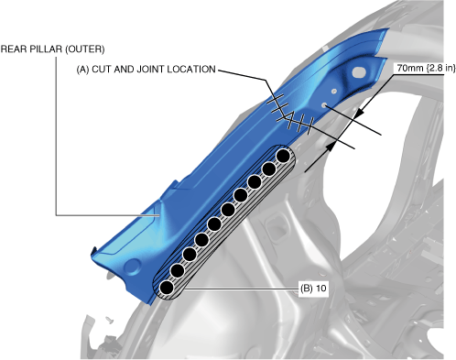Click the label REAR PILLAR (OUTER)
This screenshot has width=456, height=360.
point(52,49)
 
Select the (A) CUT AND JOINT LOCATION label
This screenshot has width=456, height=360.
point(146,70)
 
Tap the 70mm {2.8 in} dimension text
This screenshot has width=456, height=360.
point(426,68)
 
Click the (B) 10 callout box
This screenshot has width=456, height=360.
point(313,289)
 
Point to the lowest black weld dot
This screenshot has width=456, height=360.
point(167,288)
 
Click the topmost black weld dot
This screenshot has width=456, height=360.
point(283,156)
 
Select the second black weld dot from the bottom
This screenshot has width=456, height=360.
point(178,270)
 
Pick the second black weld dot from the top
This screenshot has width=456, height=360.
point(269,169)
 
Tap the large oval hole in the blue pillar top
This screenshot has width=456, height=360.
point(359,72)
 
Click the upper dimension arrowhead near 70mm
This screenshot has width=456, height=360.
point(360,114)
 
